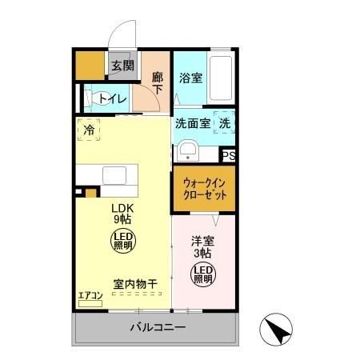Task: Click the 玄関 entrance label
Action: coord(122,66)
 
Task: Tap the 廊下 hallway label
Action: coord(158,83)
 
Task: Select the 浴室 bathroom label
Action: coord(190,78)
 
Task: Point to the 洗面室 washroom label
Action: coord(192,124)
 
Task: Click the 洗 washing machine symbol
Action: coord(225,124)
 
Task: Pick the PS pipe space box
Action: coord(229,156)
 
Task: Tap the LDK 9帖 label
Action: coord(122,213)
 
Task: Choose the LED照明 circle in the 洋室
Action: coord(202,274)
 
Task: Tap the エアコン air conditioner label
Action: coord(90,296)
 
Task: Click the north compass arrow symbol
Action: coord(276,329)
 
